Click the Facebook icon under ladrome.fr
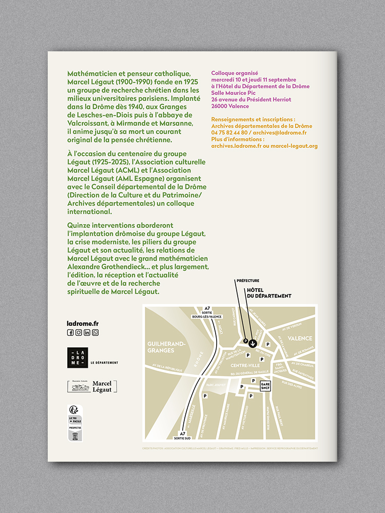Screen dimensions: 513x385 70,332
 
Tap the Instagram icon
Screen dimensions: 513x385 79,332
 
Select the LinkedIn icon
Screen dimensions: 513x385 87,332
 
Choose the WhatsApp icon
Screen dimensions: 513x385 95,332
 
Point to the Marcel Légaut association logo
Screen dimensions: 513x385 92,387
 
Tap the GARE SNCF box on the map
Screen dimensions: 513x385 265,385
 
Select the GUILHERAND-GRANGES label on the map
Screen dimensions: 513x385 161,347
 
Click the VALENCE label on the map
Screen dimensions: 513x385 300,339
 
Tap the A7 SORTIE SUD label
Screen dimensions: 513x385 182,436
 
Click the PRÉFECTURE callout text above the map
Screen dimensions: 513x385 247,281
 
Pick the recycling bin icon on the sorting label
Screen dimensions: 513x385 75,436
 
